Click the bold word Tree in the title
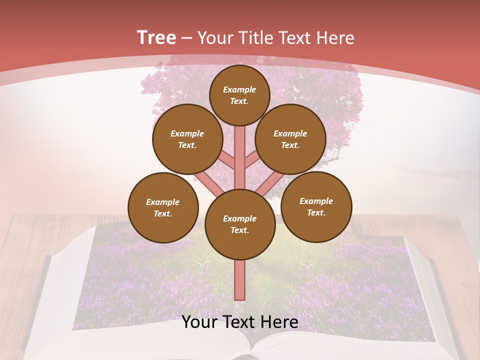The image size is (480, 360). pyautogui.click(x=156, y=37)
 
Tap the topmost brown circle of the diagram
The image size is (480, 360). pyautogui.click(x=239, y=95)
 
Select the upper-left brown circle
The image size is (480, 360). pyautogui.click(x=187, y=139)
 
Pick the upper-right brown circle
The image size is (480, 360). pyautogui.click(x=290, y=139)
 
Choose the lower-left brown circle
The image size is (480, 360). pyautogui.click(x=163, y=207)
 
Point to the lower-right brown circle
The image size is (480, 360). pyautogui.click(x=316, y=206)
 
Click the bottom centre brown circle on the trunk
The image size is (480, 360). pyautogui.click(x=240, y=224)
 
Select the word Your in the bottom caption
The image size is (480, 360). pyautogui.click(x=199, y=322)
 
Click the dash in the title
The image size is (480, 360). pyautogui.click(x=187, y=38)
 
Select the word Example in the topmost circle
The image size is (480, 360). pyautogui.click(x=239, y=89)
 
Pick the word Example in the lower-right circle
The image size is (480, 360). pyautogui.click(x=316, y=201)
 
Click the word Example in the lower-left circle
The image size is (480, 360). pyautogui.click(x=162, y=202)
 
